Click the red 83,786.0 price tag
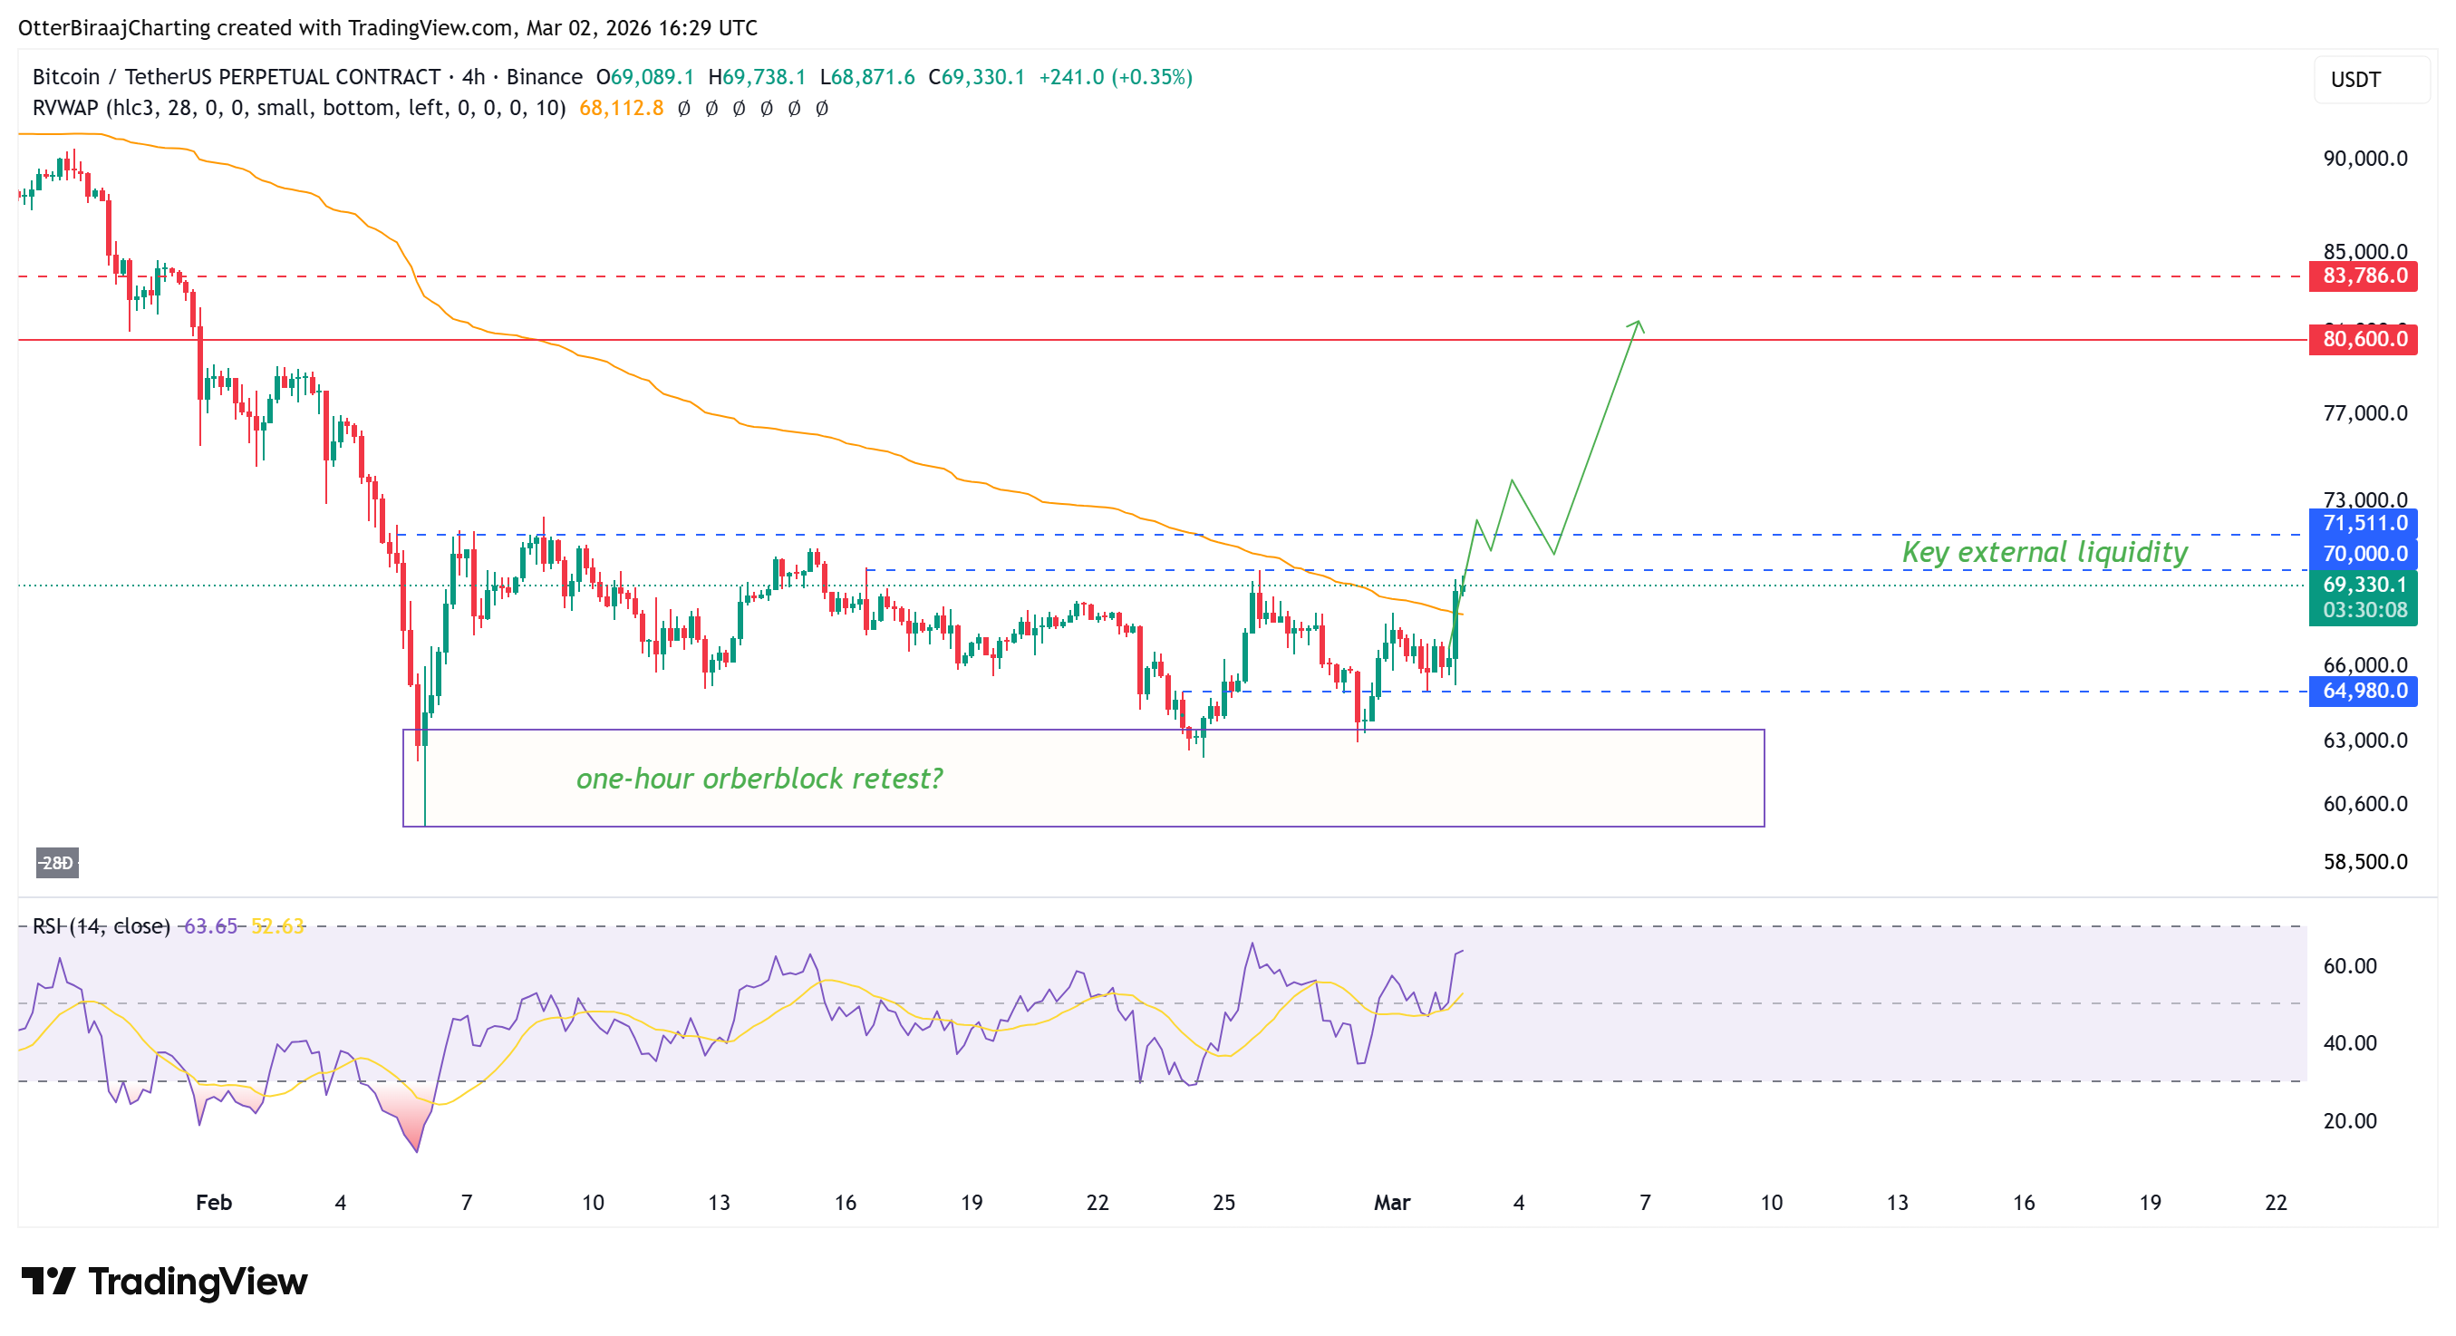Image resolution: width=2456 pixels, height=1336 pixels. [2364, 276]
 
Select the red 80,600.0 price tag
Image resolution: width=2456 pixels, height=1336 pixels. [2364, 340]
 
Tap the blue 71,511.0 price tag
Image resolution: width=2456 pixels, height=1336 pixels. [2364, 523]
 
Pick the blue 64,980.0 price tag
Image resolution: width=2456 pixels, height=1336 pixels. [2364, 692]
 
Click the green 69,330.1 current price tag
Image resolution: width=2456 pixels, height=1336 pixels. [2364, 586]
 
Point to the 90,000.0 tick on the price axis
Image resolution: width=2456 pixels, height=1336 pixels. [2364, 159]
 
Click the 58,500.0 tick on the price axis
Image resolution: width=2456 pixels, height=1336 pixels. [2364, 862]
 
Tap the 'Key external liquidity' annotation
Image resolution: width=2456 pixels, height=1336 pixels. [2045, 552]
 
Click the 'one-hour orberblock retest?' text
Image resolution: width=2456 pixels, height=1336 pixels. [759, 779]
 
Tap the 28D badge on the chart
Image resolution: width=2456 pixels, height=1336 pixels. [57, 863]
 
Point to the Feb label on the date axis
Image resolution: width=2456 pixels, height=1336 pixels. [214, 1203]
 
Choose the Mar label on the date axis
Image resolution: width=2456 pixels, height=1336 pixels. [1391, 1203]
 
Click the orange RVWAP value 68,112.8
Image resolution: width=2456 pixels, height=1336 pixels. [621, 109]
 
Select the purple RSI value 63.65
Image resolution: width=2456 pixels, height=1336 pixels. [209, 926]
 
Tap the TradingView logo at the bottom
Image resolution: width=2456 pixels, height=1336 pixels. [164, 1282]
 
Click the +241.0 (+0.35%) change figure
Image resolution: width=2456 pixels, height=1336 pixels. [1115, 77]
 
